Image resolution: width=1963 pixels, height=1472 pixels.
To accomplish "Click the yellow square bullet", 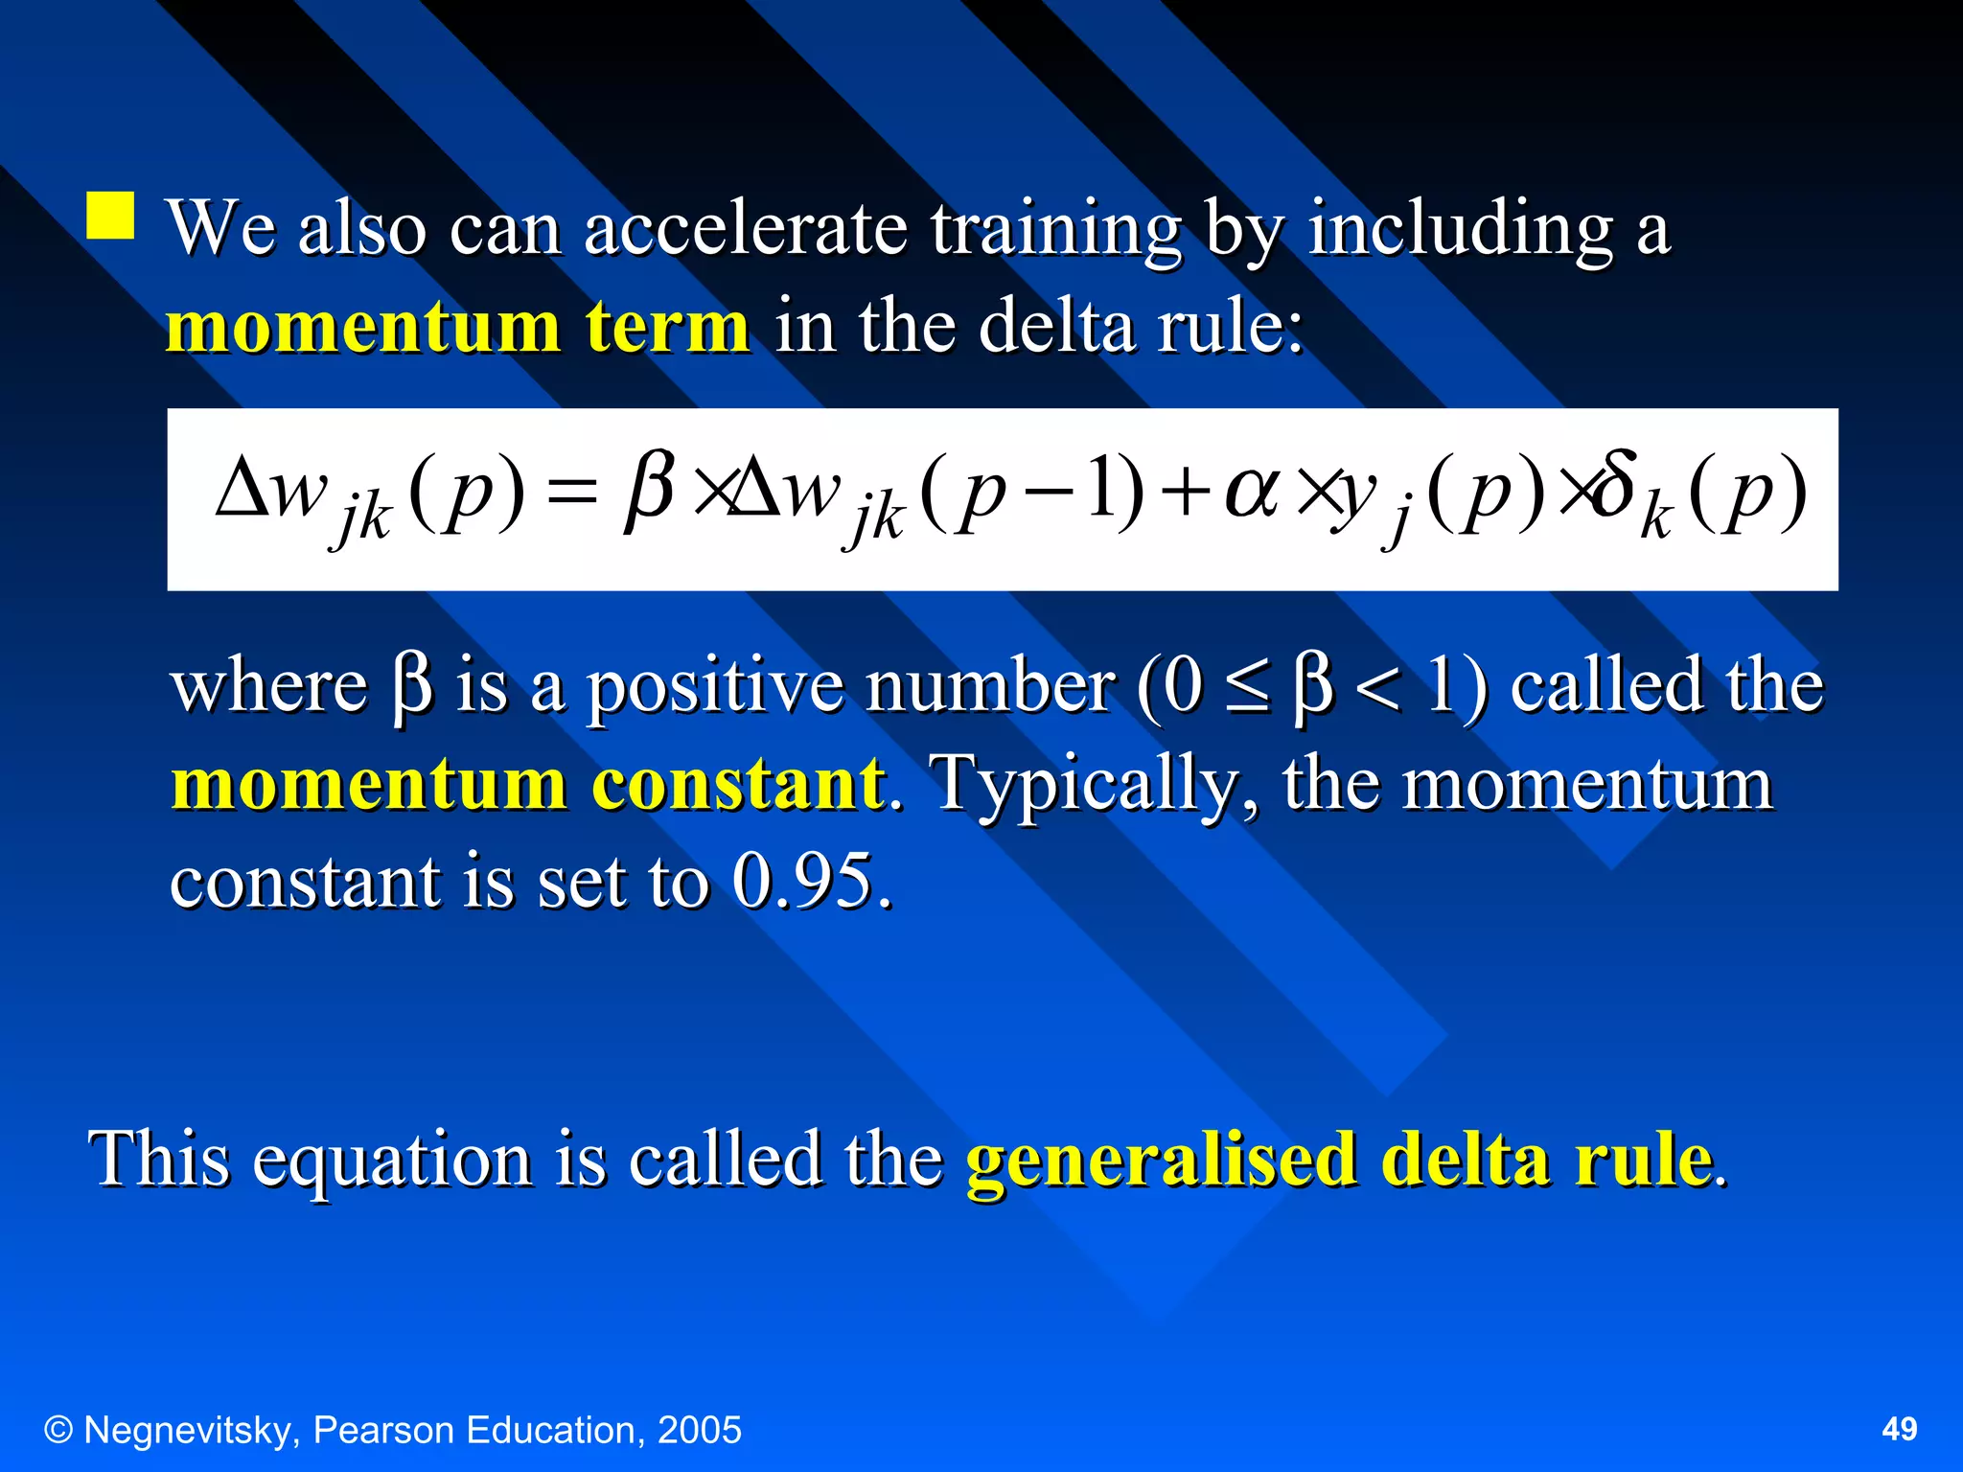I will coord(110,215).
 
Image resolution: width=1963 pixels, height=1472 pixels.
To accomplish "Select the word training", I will coord(1055,230).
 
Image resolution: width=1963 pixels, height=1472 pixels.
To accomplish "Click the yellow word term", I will coord(667,327).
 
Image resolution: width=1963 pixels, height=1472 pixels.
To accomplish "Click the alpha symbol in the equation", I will coord(1252,493).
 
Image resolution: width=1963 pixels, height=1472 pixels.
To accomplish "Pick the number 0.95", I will coord(803,880).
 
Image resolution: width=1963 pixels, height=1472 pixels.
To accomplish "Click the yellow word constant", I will coord(739,784).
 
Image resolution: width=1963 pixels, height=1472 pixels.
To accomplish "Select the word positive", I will coord(714,688).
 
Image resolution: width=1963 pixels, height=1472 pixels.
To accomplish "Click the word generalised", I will coord(1161,1160).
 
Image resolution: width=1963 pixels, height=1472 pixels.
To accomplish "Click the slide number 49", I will coord(1899,1430).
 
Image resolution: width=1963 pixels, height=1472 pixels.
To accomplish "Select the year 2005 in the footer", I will coord(699,1430).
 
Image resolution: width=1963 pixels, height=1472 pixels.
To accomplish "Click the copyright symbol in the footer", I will coord(58,1430).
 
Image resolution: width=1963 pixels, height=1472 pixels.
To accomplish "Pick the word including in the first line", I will coord(1461,230).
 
